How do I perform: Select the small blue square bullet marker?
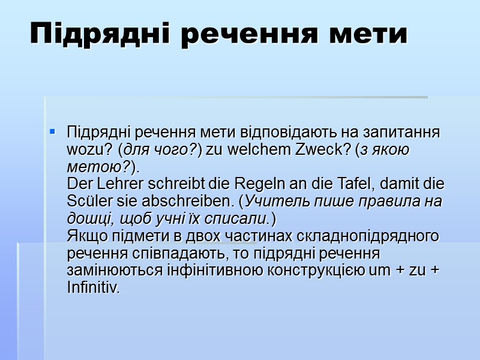[x=53, y=130]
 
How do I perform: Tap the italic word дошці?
[x=88, y=218]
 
